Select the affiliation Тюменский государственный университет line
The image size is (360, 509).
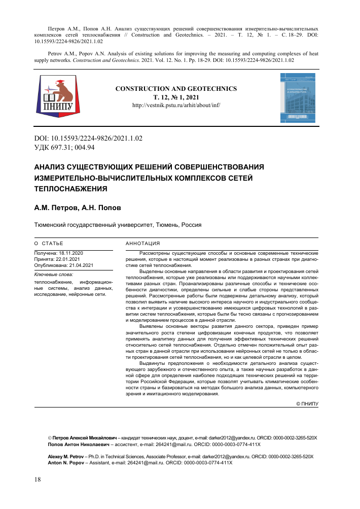tap(118, 224)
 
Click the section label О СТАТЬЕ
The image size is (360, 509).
tap(49, 244)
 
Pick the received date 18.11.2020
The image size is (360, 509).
tap(71, 253)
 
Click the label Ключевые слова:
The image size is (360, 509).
tap(53, 274)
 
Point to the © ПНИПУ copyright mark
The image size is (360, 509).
tap(307, 403)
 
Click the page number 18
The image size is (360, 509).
tap(38, 480)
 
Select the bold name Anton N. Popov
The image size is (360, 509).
tap(61, 463)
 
